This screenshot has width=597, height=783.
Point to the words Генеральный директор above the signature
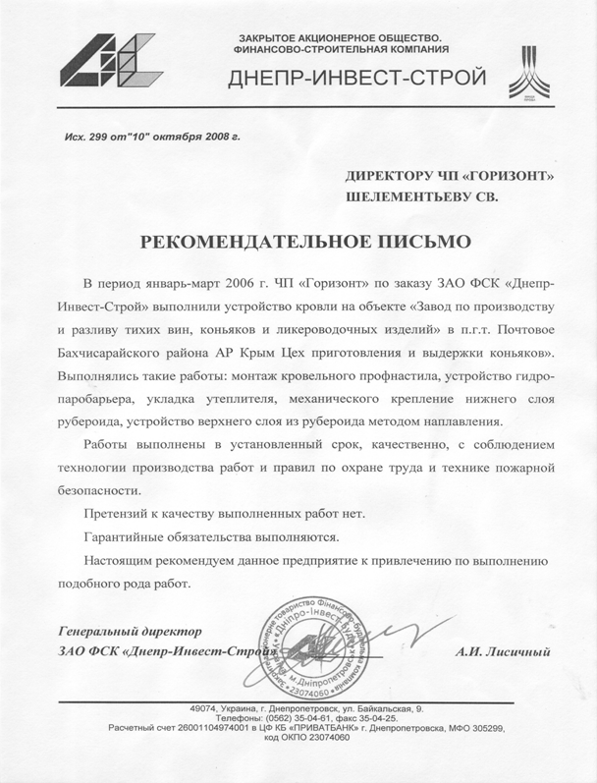pyautogui.click(x=132, y=629)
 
